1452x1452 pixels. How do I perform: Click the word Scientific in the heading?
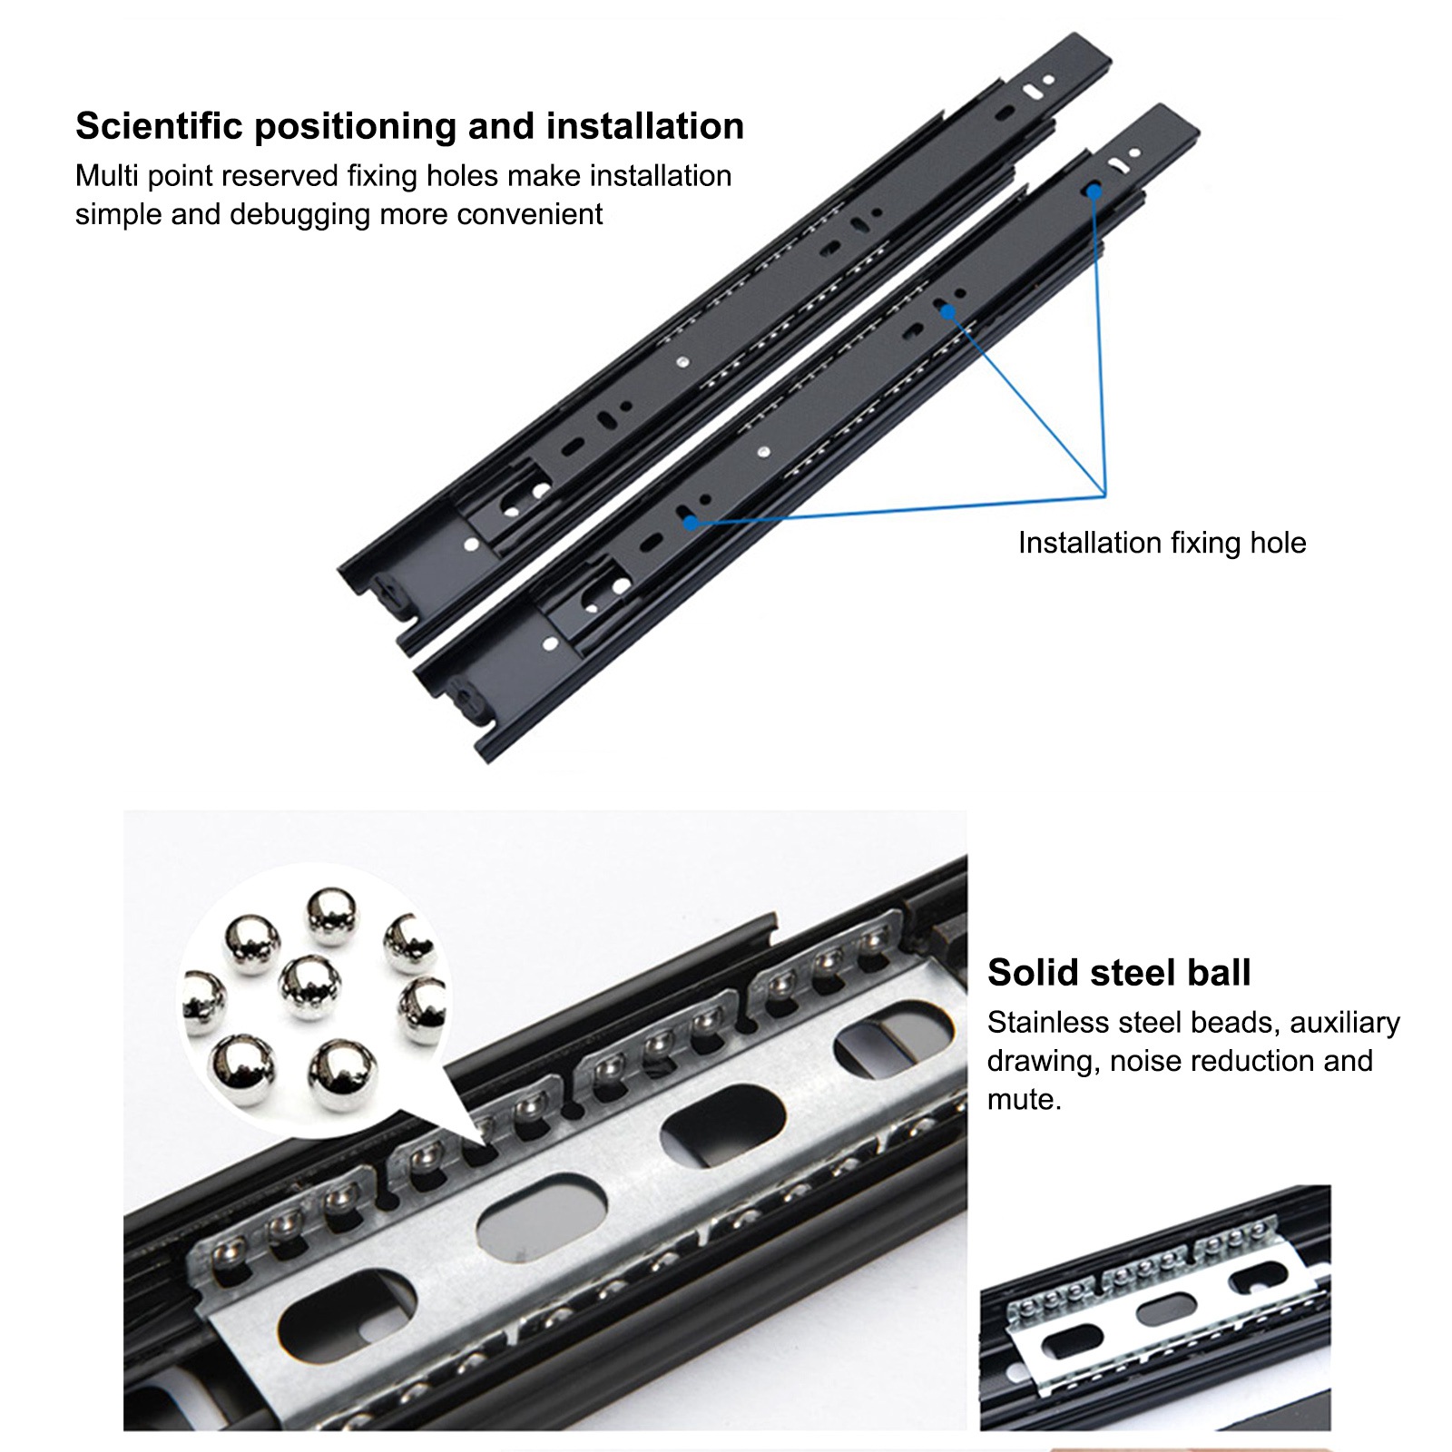(159, 126)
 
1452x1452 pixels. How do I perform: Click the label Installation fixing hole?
(1162, 543)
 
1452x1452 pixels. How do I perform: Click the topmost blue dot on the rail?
(1094, 191)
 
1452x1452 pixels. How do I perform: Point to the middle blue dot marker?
(947, 312)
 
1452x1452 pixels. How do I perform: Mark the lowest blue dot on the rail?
(691, 522)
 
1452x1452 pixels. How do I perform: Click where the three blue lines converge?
(1104, 495)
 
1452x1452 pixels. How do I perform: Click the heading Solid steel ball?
(1118, 972)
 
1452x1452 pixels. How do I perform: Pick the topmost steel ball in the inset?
(332, 915)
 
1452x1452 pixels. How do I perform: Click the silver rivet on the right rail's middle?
(763, 450)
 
